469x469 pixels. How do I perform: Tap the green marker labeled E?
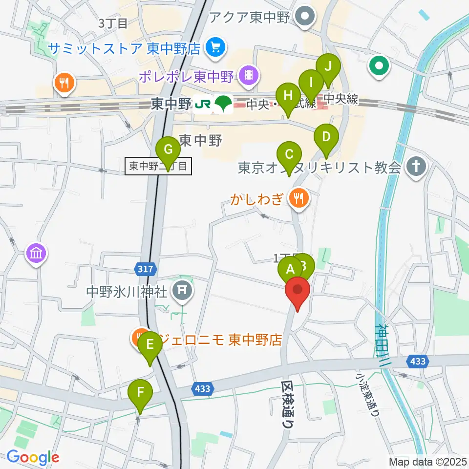pyautogui.click(x=150, y=345)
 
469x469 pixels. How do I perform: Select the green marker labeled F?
pyautogui.click(x=140, y=392)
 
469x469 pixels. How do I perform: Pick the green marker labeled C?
pyautogui.click(x=289, y=155)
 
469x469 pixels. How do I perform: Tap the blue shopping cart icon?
pyautogui.click(x=215, y=48)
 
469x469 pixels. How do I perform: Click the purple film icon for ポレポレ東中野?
pyautogui.click(x=249, y=75)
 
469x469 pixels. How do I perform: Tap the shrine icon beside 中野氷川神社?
pyautogui.click(x=182, y=292)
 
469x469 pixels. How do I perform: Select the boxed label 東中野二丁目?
pyautogui.click(x=158, y=166)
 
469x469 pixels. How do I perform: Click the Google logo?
pyautogui.click(x=33, y=457)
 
